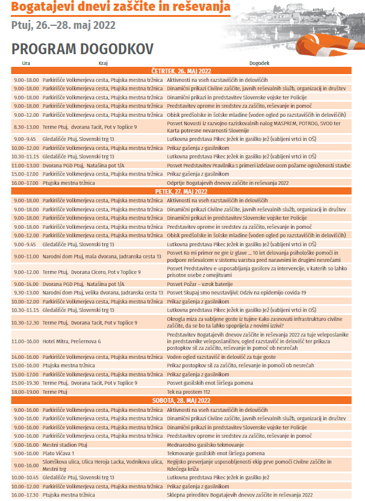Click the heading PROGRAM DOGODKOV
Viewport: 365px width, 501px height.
(82, 48)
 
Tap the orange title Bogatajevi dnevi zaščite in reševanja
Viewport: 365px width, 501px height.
(120, 8)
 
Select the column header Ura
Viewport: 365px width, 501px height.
(26, 63)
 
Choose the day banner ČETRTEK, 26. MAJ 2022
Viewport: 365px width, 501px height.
(182, 71)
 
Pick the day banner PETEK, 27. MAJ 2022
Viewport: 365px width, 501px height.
(182, 191)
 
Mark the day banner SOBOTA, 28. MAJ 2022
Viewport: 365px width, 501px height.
(182, 400)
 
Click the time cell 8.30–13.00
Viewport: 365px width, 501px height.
(26, 126)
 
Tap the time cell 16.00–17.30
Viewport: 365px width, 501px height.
(26, 495)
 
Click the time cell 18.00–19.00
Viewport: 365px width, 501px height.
(26, 391)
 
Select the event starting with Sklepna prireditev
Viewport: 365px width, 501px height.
(240, 495)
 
